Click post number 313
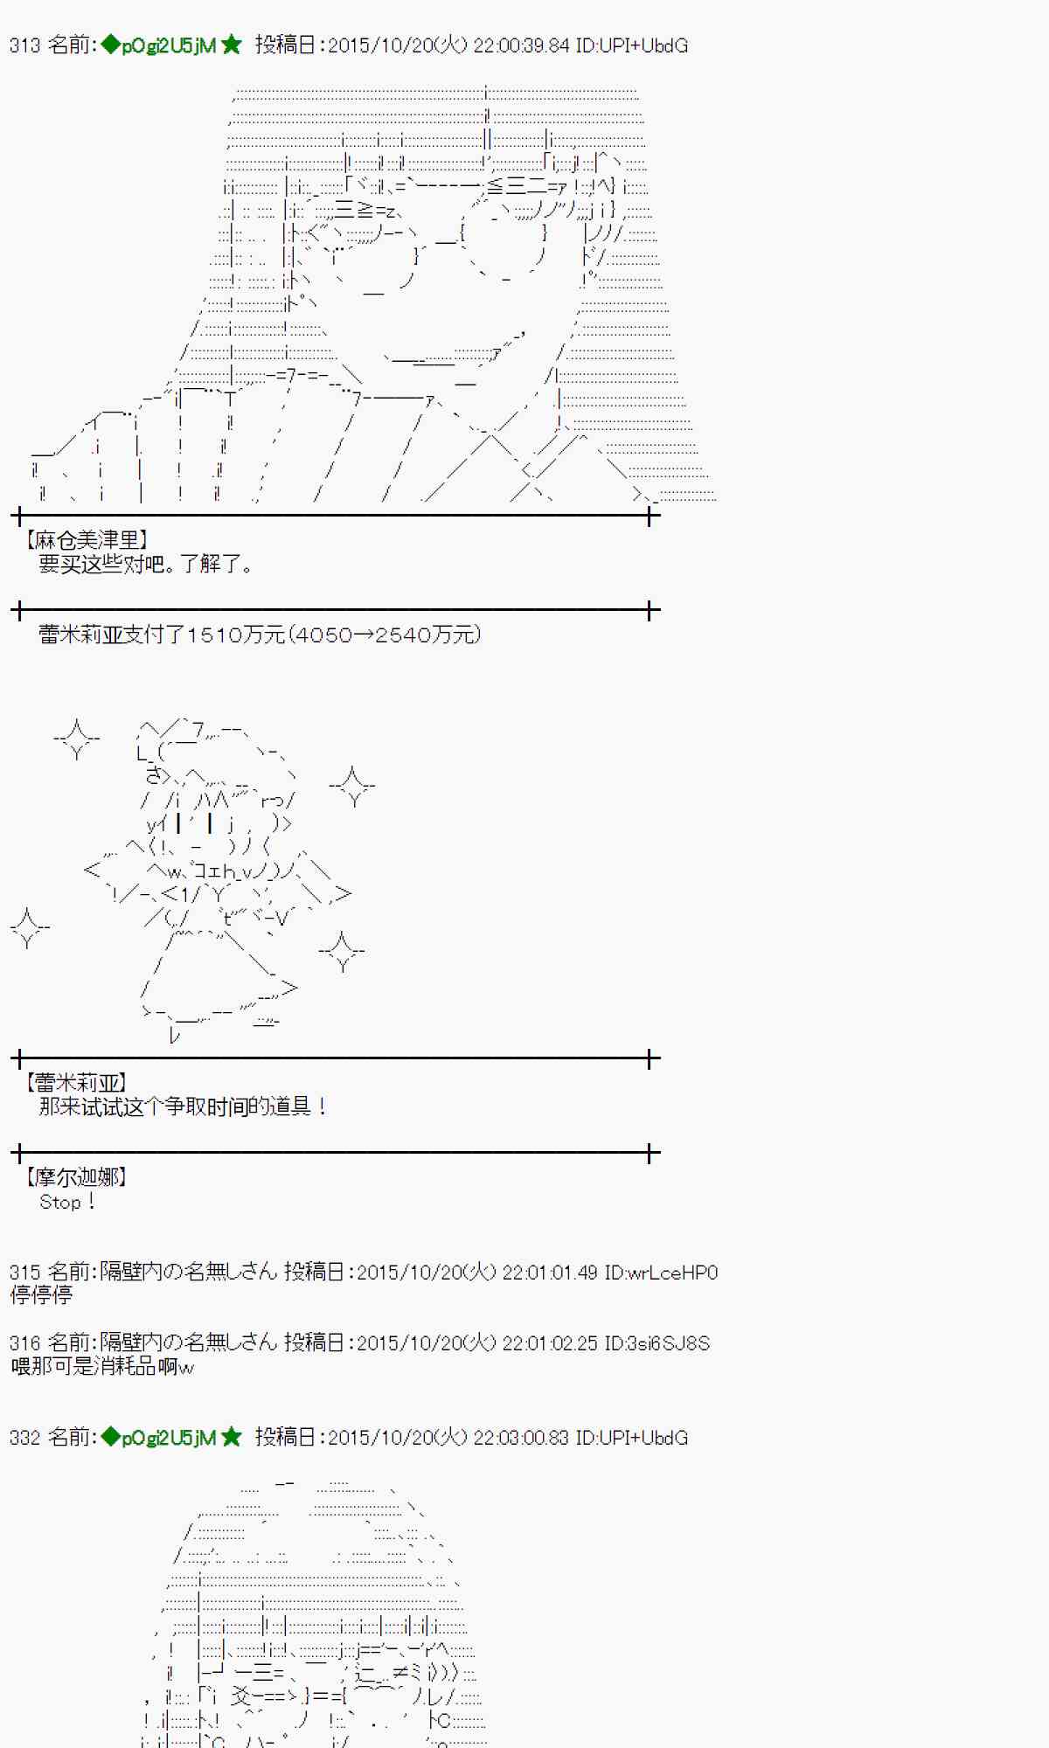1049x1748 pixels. point(24,45)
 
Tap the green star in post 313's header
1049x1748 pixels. point(232,45)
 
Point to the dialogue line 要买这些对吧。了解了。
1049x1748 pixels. point(145,565)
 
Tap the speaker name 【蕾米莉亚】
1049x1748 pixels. point(75,1083)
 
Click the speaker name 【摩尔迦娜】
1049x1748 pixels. point(75,1177)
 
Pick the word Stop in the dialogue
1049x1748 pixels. point(59,1203)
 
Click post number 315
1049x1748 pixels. point(24,1273)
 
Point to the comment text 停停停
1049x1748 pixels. point(41,1295)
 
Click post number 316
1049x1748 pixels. point(24,1342)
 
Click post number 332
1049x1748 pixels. point(24,1438)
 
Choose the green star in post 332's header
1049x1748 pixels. point(232,1437)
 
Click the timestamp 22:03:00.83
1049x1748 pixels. point(521,1438)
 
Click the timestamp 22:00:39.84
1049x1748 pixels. point(521,45)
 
